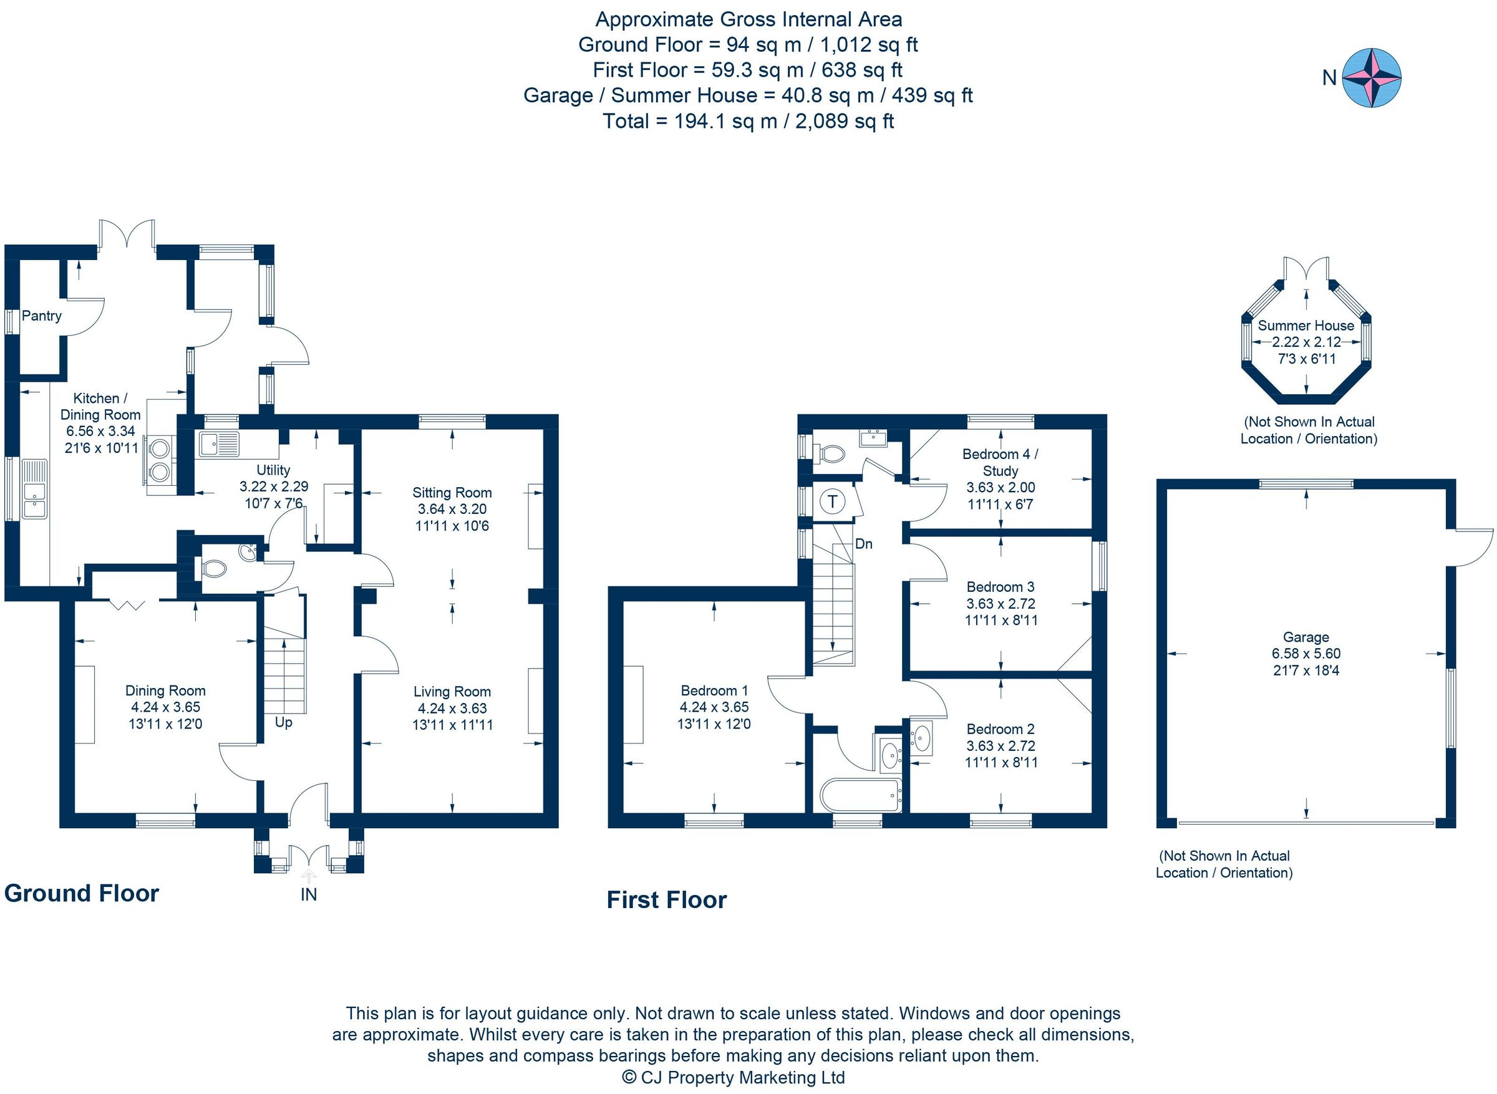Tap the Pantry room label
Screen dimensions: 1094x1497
(42, 316)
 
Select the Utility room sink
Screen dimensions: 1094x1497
(218, 443)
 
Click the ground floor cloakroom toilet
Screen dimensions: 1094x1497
(214, 568)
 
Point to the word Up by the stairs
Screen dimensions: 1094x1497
(283, 722)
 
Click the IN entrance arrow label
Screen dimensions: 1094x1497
(309, 894)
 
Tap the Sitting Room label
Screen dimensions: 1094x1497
(452, 493)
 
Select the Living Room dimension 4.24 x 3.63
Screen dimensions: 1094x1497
(452, 708)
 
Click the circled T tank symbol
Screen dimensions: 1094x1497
(832, 501)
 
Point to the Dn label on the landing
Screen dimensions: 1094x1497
(863, 545)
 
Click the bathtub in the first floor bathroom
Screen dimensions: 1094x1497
(860, 795)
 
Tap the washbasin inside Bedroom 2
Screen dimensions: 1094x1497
(922, 738)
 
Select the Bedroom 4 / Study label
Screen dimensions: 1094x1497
(1000, 462)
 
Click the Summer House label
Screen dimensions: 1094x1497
(1306, 326)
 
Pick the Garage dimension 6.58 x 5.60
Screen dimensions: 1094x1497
(1306, 654)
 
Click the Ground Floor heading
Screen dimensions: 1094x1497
(82, 893)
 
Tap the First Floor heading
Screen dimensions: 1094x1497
(667, 900)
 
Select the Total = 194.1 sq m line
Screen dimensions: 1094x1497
(748, 121)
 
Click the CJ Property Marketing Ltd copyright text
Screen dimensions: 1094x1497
(734, 1077)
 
